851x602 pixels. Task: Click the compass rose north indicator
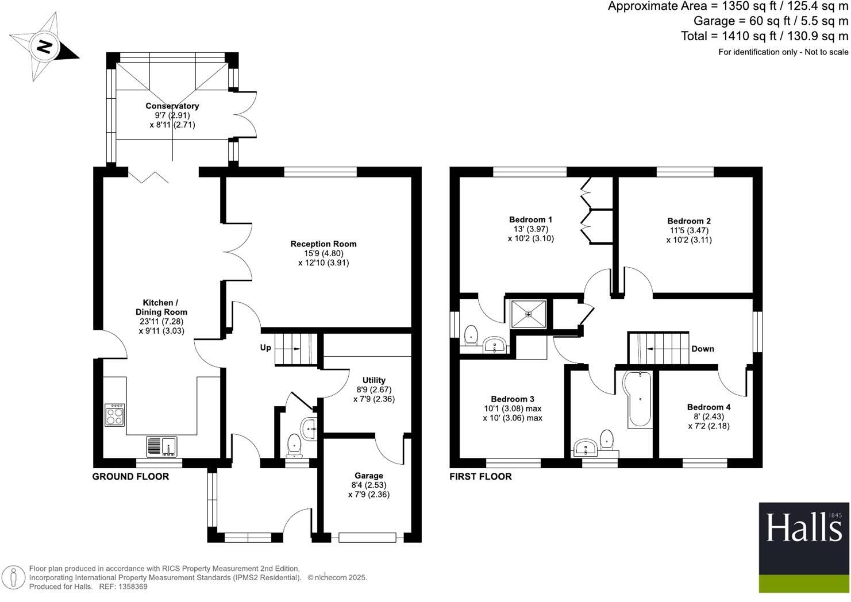(x=44, y=47)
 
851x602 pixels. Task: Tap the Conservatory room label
(x=172, y=106)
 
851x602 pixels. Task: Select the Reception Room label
(x=323, y=244)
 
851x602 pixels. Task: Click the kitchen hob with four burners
(x=114, y=415)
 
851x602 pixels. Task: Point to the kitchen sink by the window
(x=162, y=446)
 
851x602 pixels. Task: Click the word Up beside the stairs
(x=265, y=348)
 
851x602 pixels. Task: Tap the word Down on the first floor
(x=702, y=349)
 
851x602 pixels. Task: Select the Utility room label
(x=373, y=380)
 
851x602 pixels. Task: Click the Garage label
(x=368, y=476)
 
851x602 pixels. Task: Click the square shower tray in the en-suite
(x=528, y=314)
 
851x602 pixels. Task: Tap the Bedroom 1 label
(x=530, y=219)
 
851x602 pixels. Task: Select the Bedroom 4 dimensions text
(x=708, y=422)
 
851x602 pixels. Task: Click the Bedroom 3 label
(x=512, y=399)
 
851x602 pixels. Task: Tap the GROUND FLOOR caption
(x=130, y=476)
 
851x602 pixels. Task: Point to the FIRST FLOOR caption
(x=480, y=476)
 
